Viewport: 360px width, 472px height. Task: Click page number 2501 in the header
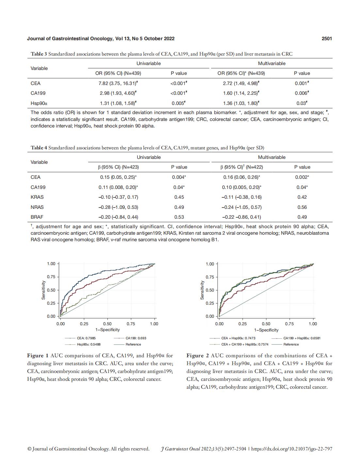click(x=326, y=39)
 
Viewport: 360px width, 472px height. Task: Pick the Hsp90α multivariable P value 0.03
click(x=302, y=103)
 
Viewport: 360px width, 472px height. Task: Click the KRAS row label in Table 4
click(x=37, y=197)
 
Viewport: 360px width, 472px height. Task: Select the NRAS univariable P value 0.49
click(x=179, y=207)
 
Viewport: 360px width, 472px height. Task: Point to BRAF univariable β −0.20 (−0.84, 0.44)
click(x=118, y=217)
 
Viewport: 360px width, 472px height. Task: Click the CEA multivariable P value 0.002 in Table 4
click(x=302, y=177)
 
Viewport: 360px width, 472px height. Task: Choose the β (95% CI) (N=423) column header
click(x=118, y=167)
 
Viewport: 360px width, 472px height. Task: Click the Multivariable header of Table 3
click(x=272, y=63)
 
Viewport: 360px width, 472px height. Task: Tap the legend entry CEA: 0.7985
click(x=86, y=338)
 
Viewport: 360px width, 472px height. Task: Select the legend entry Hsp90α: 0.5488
click(x=89, y=344)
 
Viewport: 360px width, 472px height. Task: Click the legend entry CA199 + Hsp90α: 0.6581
click(x=302, y=338)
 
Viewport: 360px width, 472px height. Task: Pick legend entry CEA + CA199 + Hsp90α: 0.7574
click(x=245, y=344)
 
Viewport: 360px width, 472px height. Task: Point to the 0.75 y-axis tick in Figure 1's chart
click(x=51, y=277)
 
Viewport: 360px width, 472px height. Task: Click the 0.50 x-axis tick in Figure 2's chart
click(x=266, y=324)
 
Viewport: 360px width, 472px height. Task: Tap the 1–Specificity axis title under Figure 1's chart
click(x=107, y=329)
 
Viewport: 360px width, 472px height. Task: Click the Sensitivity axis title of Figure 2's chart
click(x=202, y=290)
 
